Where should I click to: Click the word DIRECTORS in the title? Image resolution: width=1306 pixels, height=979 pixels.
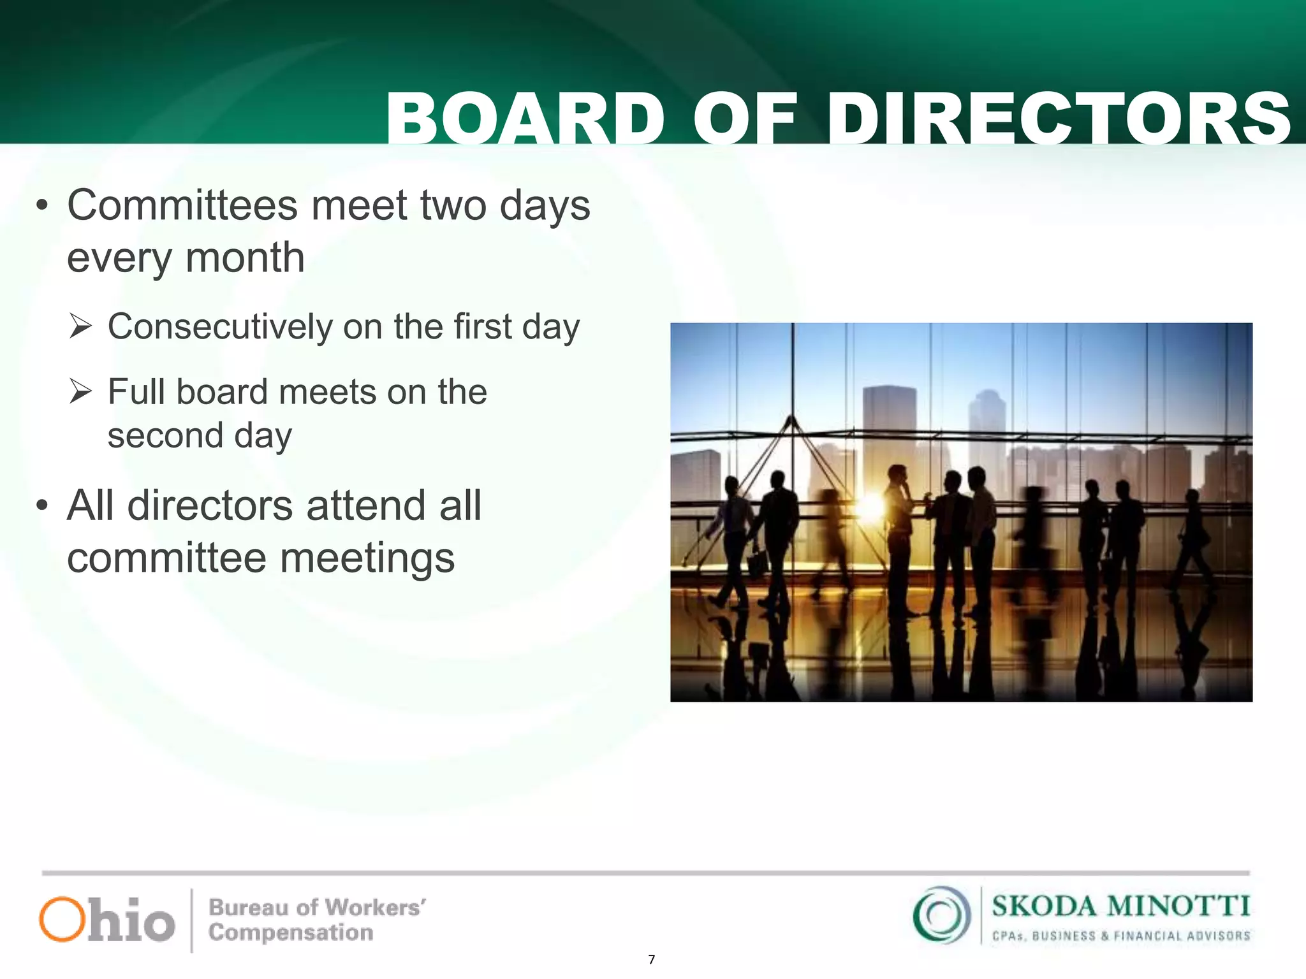(1059, 119)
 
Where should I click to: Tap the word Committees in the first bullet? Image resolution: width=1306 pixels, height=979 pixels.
(182, 205)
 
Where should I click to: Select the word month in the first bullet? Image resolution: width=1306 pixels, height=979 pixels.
(245, 258)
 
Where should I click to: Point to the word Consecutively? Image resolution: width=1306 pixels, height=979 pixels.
(219, 327)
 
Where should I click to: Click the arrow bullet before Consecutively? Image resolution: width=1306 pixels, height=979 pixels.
(81, 326)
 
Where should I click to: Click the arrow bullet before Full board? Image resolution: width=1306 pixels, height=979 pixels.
(81, 391)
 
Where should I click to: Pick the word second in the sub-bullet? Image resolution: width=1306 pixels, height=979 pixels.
(165, 436)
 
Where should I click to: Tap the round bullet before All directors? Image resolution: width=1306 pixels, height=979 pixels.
(42, 505)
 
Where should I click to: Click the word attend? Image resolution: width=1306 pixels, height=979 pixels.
(367, 506)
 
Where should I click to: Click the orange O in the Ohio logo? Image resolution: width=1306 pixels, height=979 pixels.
(62, 919)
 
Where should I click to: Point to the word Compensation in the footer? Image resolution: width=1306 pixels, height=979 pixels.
(291, 933)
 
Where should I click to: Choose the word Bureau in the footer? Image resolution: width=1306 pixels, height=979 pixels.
(248, 907)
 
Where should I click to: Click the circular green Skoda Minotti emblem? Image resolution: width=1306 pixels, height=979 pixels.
(941, 915)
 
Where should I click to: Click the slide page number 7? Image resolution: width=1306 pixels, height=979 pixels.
(651, 960)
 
